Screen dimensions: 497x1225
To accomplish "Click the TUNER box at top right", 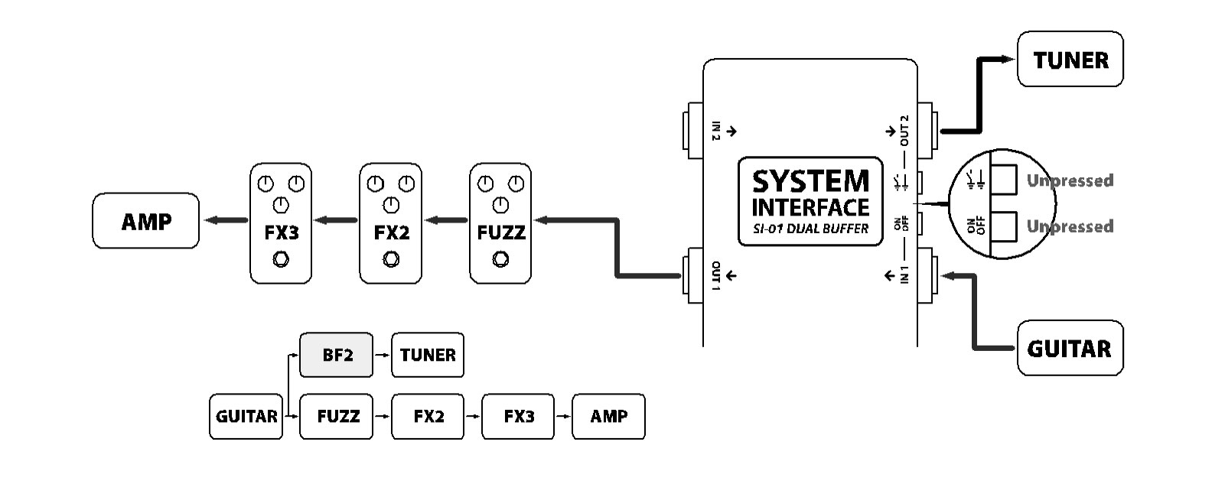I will [x=1070, y=60].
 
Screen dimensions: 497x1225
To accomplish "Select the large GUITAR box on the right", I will [x=1070, y=349].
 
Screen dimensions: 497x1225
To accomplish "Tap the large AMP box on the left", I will [x=145, y=221].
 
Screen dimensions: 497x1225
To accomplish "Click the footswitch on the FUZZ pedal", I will [x=500, y=260].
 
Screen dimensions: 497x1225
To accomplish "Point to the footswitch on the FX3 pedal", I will [x=281, y=260].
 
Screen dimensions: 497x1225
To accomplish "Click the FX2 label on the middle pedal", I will [x=391, y=232].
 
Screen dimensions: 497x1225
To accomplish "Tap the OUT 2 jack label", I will [x=904, y=131].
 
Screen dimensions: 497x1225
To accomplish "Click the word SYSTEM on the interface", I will [x=810, y=182].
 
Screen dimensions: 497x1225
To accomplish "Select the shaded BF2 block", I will [x=337, y=355].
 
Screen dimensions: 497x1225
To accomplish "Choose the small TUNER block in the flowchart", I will [x=428, y=355].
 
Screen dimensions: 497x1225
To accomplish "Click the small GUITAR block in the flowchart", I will [x=246, y=417].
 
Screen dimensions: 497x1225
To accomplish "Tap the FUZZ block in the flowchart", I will [x=337, y=417].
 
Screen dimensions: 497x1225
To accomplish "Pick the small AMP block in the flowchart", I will [x=609, y=417].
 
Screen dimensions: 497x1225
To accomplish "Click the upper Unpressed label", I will [x=1070, y=180].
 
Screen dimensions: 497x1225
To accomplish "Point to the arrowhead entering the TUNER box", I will [x=1008, y=60].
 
